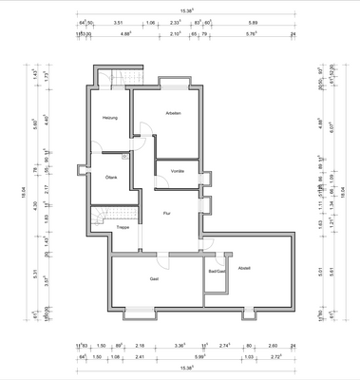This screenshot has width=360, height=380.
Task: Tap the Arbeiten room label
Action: (173, 113)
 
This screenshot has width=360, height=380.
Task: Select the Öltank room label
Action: (111, 177)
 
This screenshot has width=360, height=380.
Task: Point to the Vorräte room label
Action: (178, 171)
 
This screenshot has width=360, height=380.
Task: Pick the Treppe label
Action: (123, 228)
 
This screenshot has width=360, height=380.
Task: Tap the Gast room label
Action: (153, 278)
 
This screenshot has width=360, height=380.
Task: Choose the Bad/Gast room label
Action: (217, 272)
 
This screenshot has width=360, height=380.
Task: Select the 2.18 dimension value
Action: (140, 347)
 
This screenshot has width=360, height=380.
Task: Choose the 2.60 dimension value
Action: (273, 347)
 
